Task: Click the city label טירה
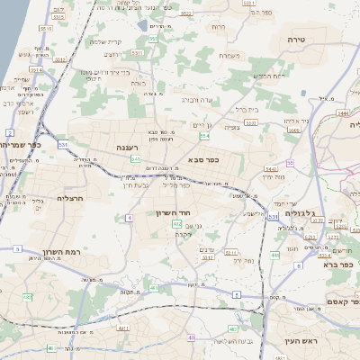click(x=297, y=40)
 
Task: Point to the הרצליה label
click(x=69, y=197)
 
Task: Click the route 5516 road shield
click(x=58, y=16)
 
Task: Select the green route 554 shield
click(x=204, y=136)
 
